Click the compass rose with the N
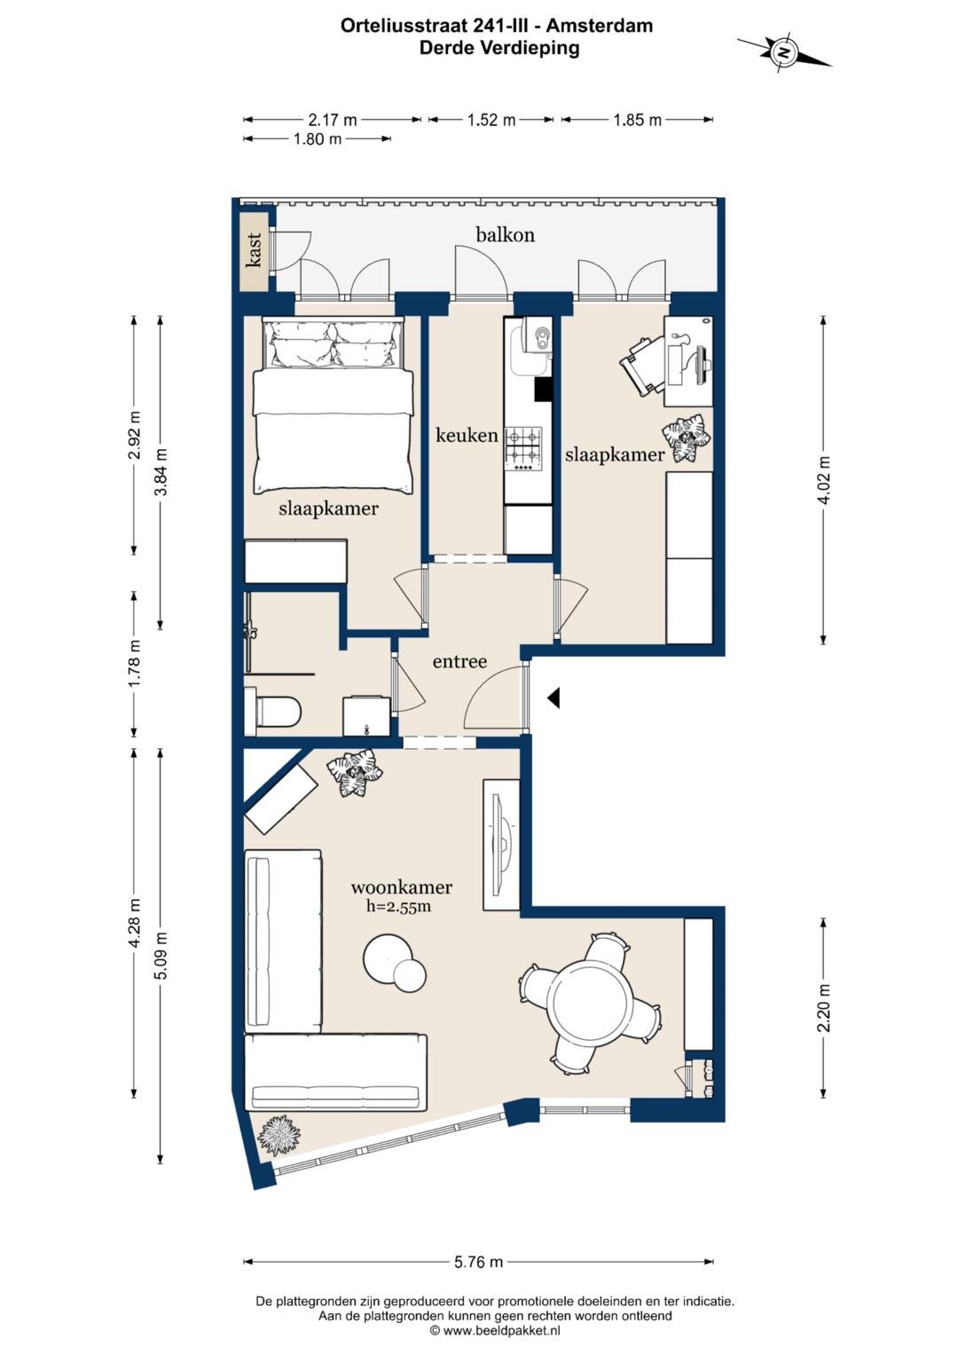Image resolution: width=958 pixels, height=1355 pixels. coord(784,52)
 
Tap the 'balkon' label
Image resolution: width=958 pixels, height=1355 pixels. coord(505,234)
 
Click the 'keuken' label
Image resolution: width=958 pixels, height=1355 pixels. coord(467,435)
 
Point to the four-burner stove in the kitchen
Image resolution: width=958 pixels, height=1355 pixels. coord(524,449)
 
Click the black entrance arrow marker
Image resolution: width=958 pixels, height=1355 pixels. coord(554,697)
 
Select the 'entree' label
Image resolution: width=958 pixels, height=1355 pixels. coord(459,662)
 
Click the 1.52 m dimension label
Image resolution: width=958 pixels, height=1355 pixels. coord(491,120)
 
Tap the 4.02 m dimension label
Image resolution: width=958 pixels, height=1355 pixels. coord(825,480)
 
